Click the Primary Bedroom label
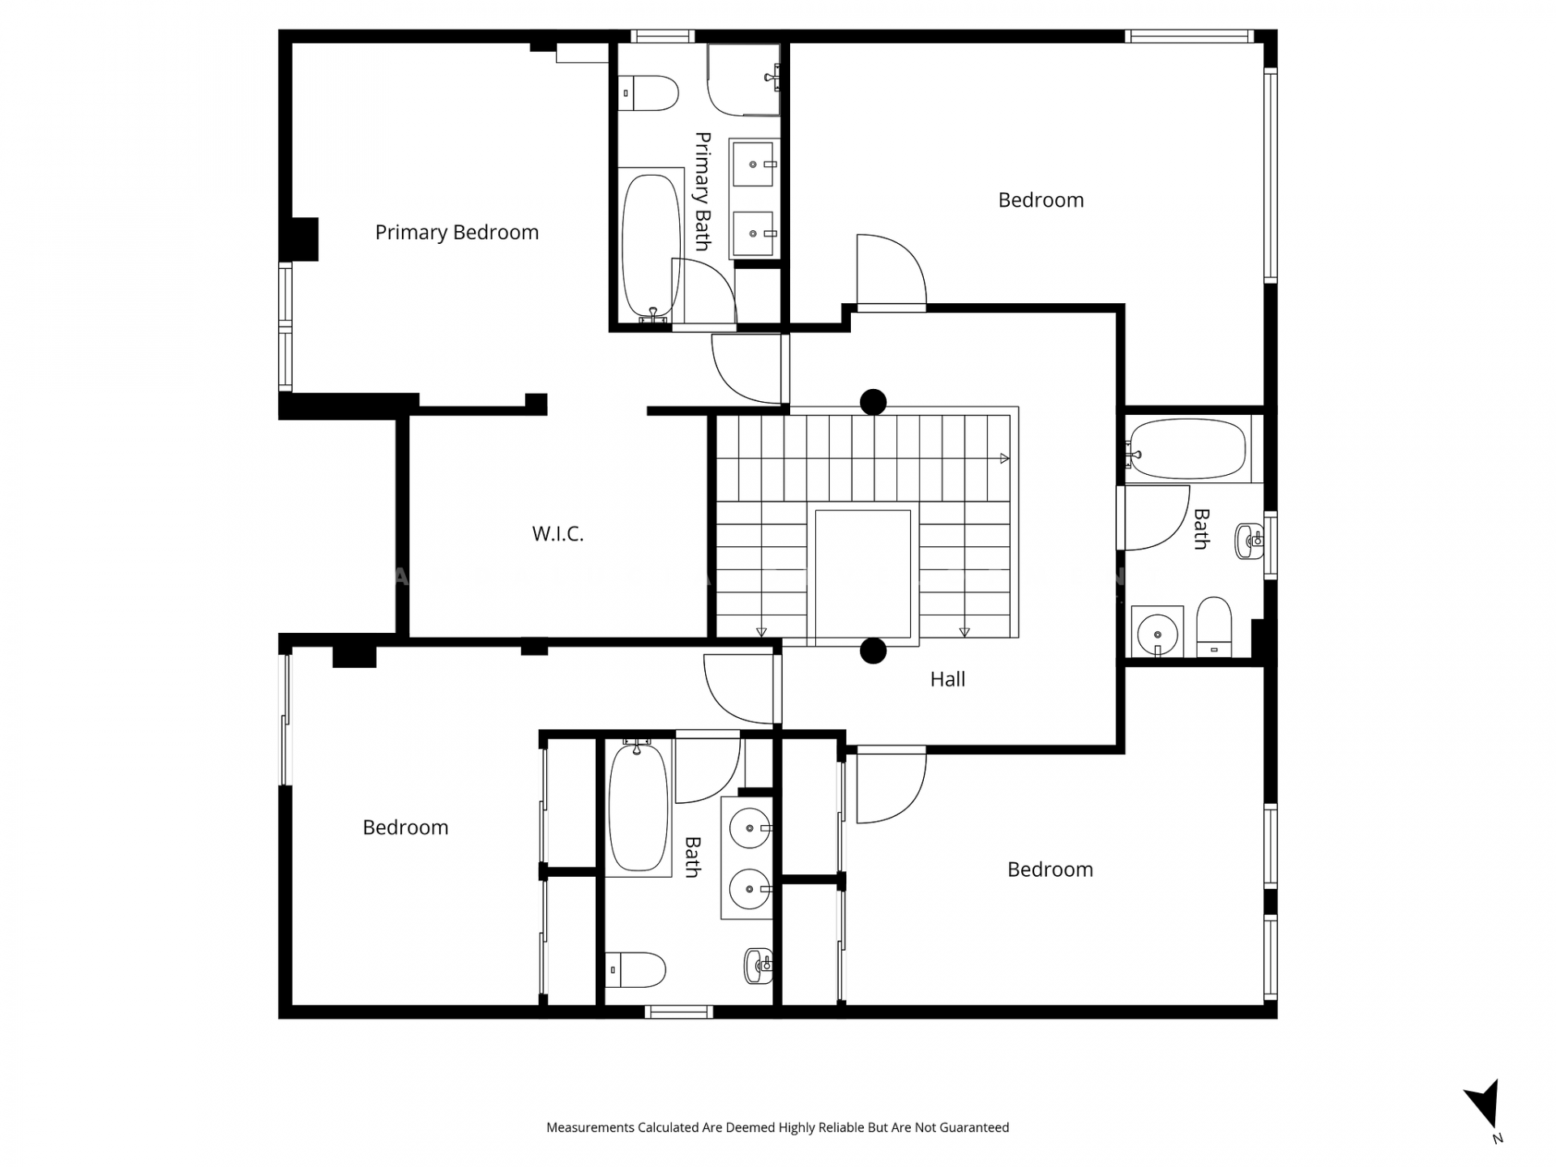tap(456, 233)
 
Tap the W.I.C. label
tap(558, 533)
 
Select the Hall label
tap(947, 679)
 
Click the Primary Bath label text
tap(703, 191)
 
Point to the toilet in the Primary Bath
tap(648, 93)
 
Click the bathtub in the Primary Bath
tap(651, 246)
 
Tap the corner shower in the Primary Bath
tap(743, 80)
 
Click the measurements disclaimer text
tap(778, 1127)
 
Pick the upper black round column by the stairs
tap(873, 401)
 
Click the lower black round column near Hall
tap(873, 651)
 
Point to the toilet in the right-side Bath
tap(1214, 626)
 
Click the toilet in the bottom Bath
tap(636, 970)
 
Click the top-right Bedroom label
tap(1041, 200)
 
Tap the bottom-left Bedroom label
tap(405, 827)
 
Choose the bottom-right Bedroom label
tap(1050, 870)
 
